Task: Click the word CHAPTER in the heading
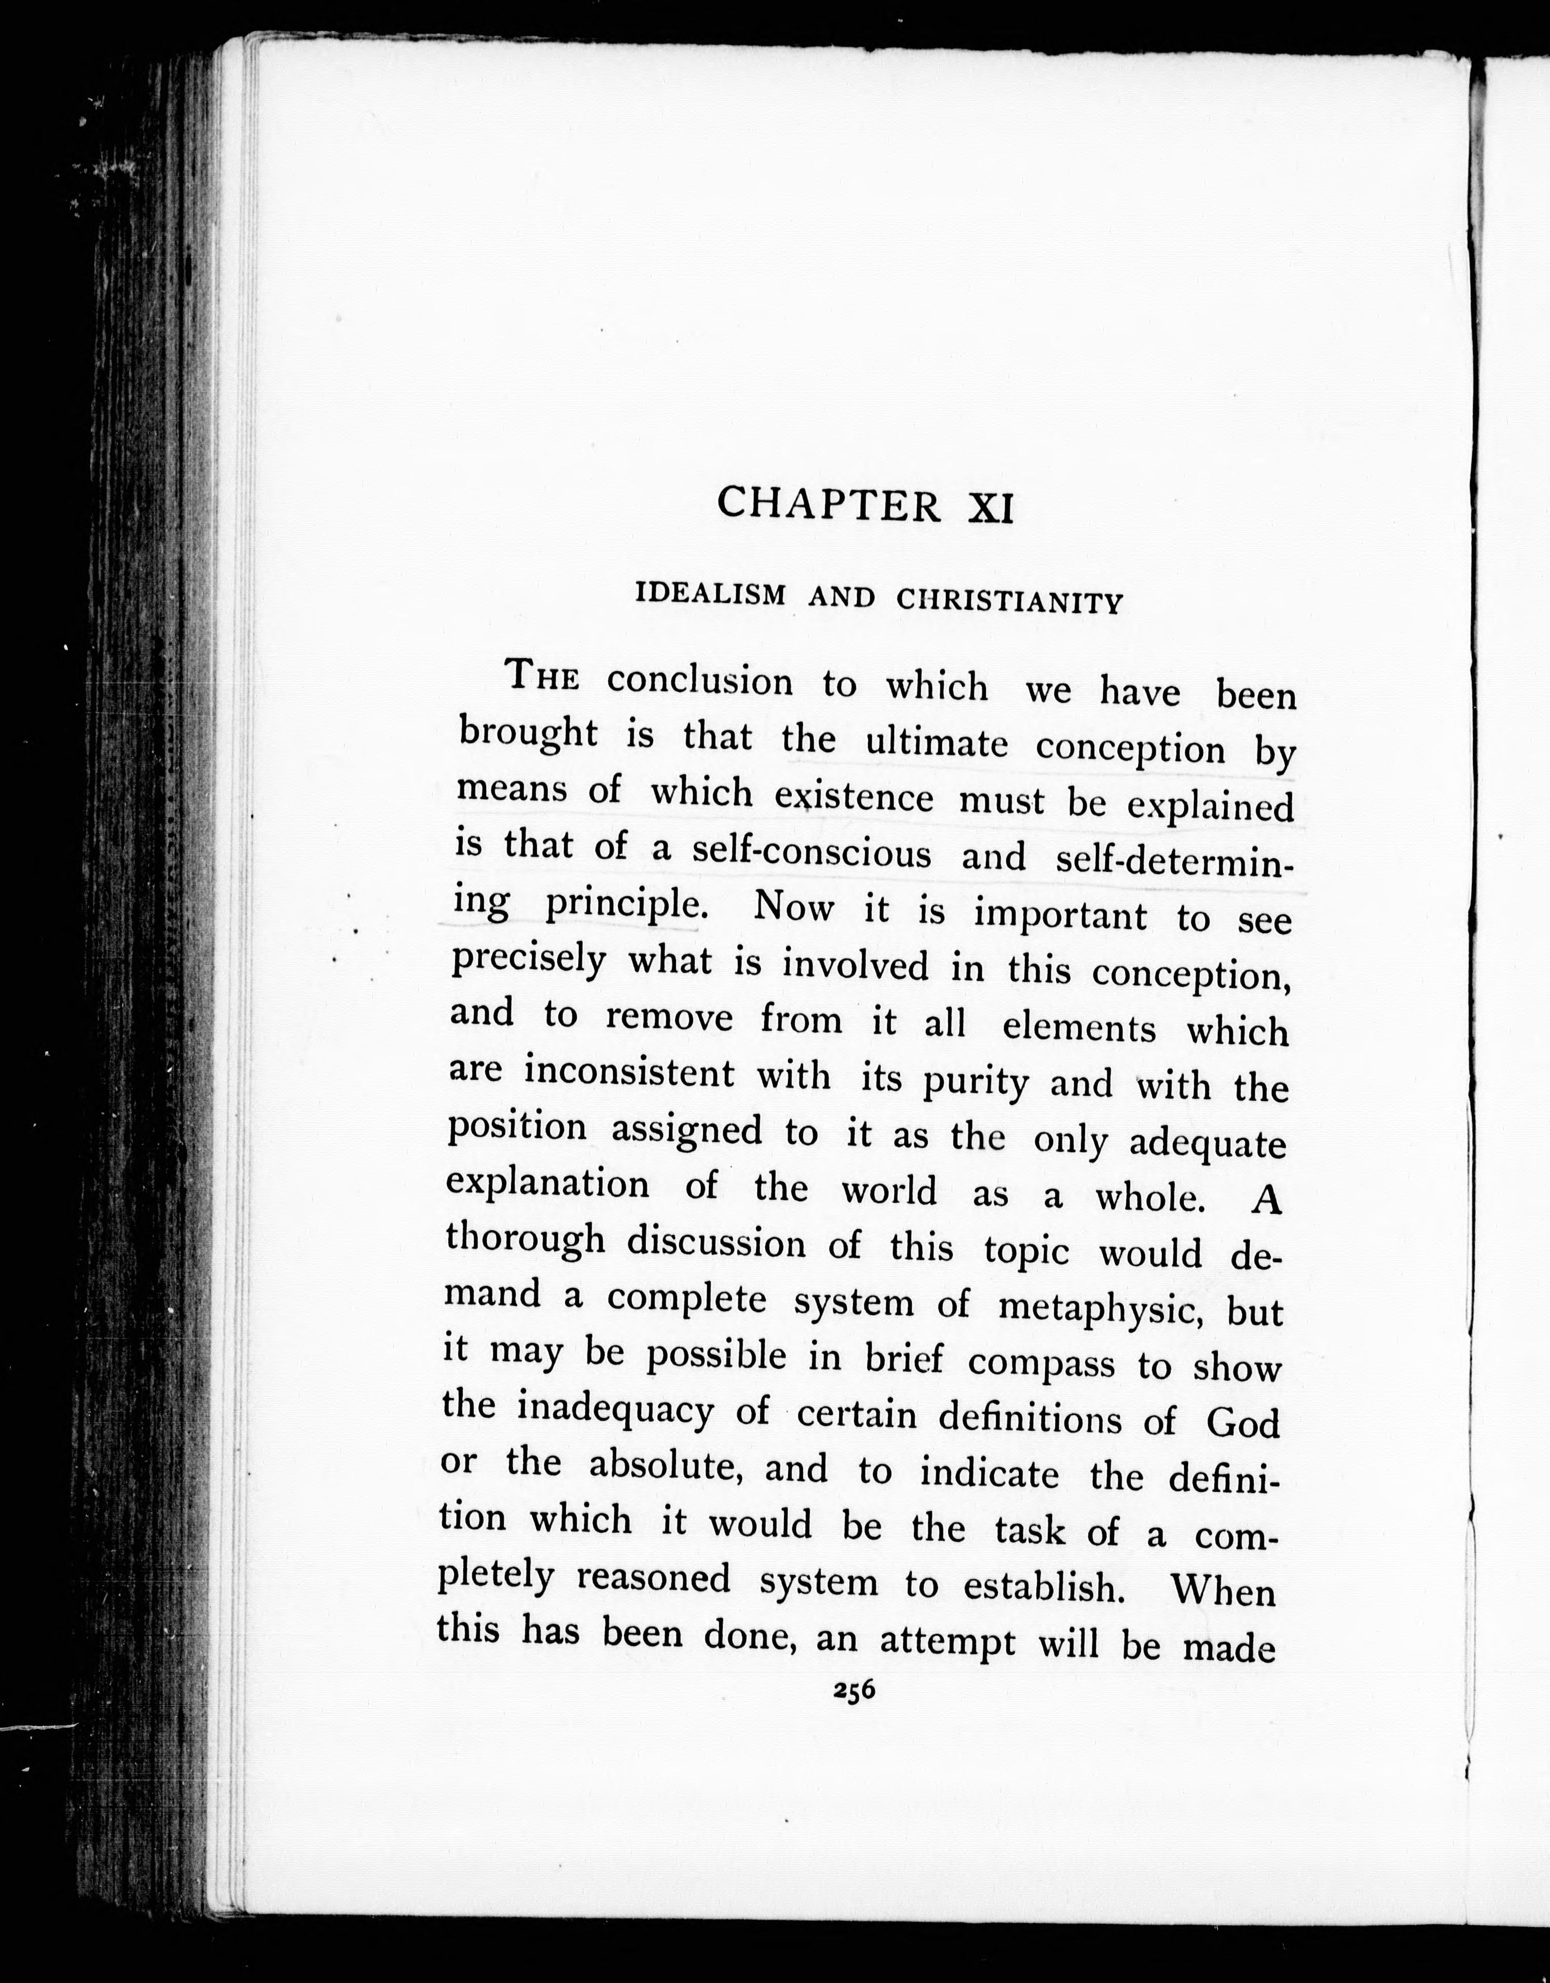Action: click(x=828, y=503)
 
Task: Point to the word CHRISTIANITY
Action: click(x=1010, y=601)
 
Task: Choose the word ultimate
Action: click(x=936, y=744)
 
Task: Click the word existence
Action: click(x=854, y=797)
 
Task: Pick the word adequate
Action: click(x=1208, y=1143)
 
